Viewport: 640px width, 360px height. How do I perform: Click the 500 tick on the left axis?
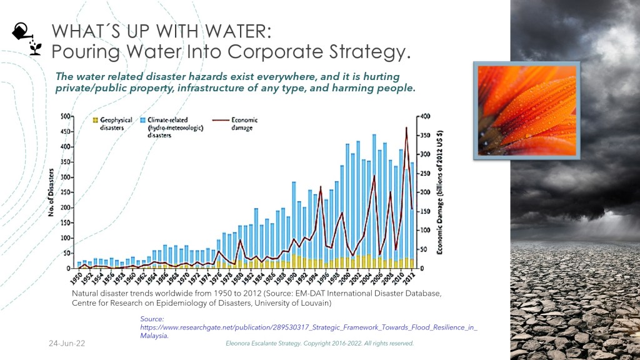(x=64, y=117)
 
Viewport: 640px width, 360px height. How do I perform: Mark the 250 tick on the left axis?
(x=64, y=192)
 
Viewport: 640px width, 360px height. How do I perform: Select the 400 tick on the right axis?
(x=425, y=117)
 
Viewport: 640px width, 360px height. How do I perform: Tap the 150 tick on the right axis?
(x=425, y=211)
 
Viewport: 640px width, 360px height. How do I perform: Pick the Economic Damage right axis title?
(x=441, y=192)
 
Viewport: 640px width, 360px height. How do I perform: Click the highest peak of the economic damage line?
(x=406, y=128)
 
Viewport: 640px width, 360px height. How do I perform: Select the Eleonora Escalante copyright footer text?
(x=319, y=344)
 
